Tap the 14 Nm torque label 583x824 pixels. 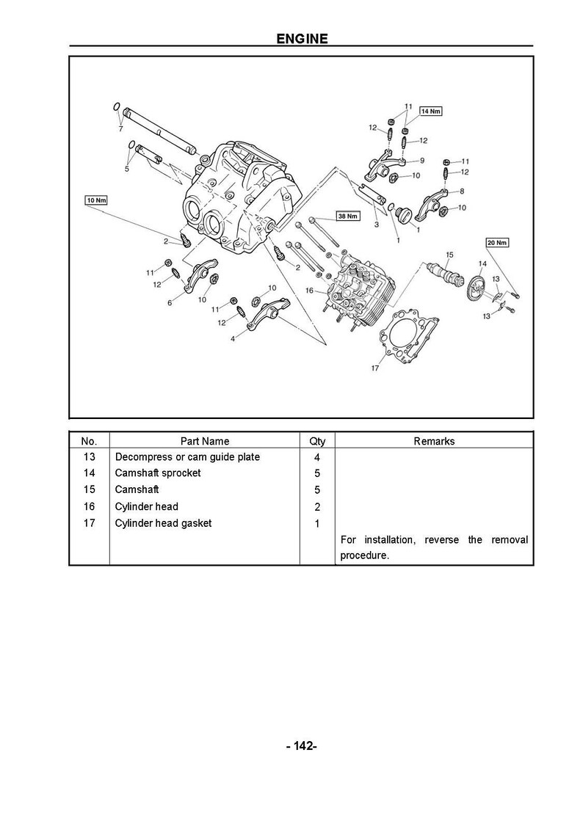click(x=430, y=111)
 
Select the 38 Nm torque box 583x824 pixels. click(x=347, y=216)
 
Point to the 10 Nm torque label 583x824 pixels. click(x=96, y=200)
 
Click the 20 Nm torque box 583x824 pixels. click(x=497, y=242)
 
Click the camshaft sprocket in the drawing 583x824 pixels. click(x=477, y=287)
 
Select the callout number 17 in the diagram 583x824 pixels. click(x=374, y=368)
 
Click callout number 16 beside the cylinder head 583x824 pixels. click(x=310, y=291)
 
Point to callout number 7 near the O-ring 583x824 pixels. click(x=120, y=129)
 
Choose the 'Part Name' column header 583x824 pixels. click(x=205, y=441)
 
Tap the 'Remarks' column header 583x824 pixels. click(x=434, y=441)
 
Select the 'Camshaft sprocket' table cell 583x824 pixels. click(x=158, y=473)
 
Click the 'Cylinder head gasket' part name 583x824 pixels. click(x=163, y=523)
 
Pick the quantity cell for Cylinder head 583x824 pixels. click(x=317, y=506)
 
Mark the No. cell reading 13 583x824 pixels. click(x=90, y=457)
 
